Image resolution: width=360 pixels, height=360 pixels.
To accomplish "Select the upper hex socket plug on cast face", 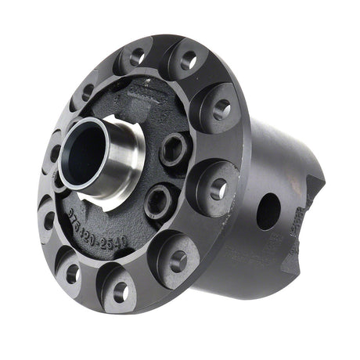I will (174, 148).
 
